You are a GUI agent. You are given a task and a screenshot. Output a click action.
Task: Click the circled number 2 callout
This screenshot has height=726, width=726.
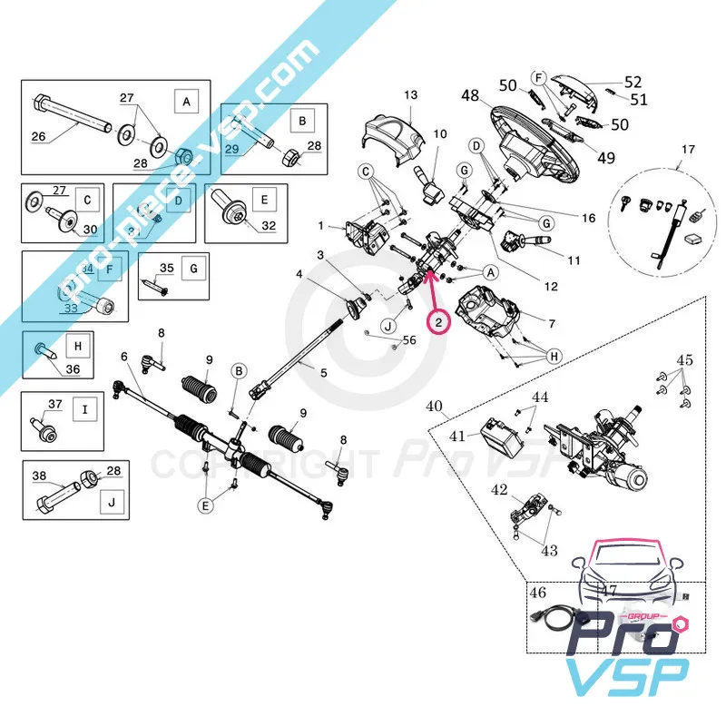tap(438, 321)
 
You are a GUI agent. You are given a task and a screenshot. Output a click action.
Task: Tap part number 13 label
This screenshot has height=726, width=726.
tap(410, 95)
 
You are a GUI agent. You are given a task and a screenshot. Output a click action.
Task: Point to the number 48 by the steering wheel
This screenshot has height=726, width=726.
tap(469, 95)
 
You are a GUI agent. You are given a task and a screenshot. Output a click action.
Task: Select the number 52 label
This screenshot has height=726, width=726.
tap(633, 81)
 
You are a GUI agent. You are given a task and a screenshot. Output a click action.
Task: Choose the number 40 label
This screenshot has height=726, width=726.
tap(435, 405)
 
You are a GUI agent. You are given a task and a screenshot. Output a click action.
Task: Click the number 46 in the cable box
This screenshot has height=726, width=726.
tap(539, 594)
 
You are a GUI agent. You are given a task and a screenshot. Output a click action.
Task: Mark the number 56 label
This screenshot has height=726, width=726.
tap(409, 339)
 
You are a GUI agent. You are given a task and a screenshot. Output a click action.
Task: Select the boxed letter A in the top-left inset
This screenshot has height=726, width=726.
tap(186, 102)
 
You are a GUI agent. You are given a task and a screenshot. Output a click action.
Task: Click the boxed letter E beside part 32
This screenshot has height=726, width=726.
tap(266, 200)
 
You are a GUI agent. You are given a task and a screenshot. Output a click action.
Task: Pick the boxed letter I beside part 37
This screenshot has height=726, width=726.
tap(84, 410)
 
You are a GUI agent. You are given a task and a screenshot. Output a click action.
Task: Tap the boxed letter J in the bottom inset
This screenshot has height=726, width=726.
tap(112, 501)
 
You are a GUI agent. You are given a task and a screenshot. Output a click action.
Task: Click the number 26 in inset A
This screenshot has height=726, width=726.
tap(38, 138)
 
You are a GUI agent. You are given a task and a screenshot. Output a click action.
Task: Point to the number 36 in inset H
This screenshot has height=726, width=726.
tap(73, 368)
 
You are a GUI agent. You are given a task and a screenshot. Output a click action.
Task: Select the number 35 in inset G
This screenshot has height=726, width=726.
tap(165, 268)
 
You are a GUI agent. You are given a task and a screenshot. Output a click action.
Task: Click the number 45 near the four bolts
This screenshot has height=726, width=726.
tap(684, 360)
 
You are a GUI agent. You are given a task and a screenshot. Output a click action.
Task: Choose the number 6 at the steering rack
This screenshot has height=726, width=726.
tap(124, 357)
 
